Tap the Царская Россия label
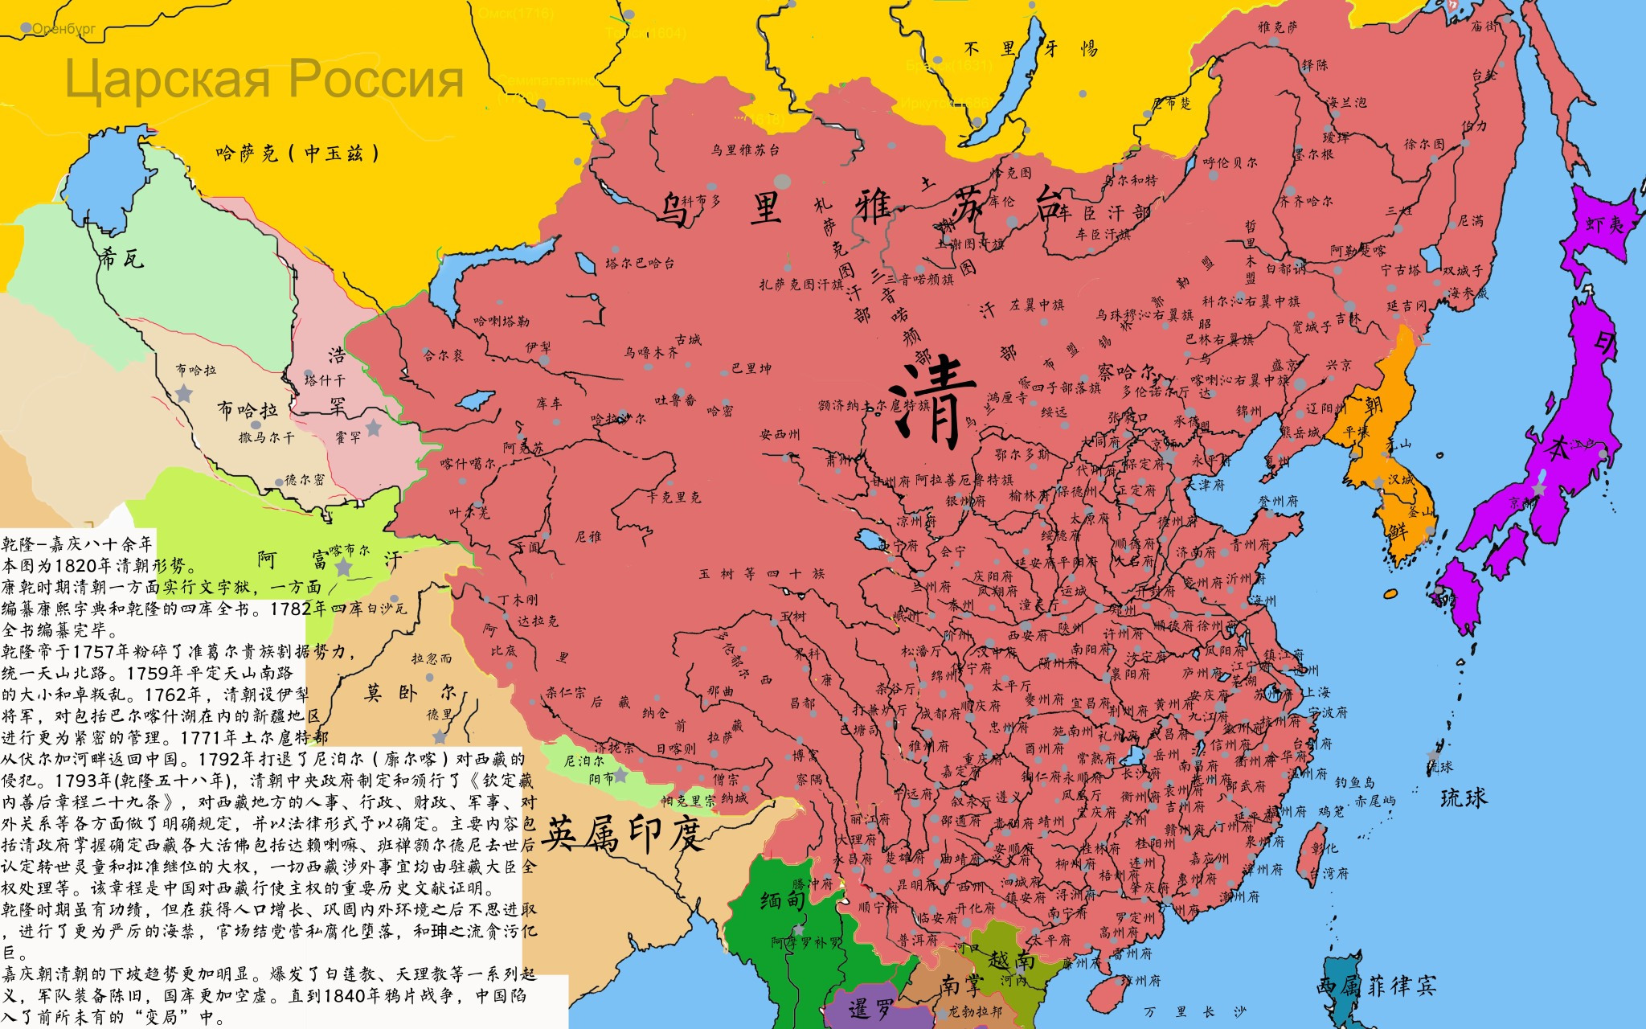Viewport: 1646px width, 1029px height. click(264, 79)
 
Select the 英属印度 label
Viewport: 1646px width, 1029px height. click(623, 834)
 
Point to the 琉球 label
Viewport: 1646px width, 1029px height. click(1463, 797)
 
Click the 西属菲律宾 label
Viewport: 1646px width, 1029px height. click(1376, 986)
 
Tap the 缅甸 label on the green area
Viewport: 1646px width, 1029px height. click(782, 900)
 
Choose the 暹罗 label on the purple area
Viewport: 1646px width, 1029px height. click(870, 1008)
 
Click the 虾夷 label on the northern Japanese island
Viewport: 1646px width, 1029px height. click(1604, 224)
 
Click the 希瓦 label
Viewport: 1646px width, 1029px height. click(121, 258)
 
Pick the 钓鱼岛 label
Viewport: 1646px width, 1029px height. click(1354, 782)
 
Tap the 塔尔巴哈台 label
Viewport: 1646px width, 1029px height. click(640, 263)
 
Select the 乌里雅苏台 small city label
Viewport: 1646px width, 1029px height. click(744, 150)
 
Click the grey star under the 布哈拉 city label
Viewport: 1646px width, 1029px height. click(184, 393)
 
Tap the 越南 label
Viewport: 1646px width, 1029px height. click(1011, 960)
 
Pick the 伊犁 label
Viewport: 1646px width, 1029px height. click(538, 347)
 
